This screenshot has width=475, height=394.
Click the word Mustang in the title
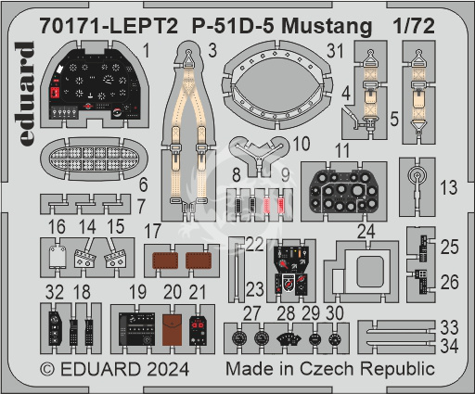[327, 27]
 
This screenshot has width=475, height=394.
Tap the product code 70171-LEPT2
[109, 26]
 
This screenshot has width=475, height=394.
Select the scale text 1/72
[414, 26]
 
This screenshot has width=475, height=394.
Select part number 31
[335, 51]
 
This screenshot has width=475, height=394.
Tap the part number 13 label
[449, 187]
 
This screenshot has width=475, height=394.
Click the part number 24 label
[366, 232]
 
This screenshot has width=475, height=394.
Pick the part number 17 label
[152, 231]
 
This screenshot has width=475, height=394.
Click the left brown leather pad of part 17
[165, 261]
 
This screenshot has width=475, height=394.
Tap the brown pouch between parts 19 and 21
[173, 329]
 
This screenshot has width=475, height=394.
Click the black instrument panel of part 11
[343, 192]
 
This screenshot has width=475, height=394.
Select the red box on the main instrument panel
[55, 92]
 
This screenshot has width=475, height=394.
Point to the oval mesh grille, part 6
[94, 159]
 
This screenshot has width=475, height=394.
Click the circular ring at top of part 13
[417, 175]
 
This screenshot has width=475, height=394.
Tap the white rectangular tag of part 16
[58, 257]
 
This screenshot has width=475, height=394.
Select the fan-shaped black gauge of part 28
[289, 338]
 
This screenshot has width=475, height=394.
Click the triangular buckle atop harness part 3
[188, 58]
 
